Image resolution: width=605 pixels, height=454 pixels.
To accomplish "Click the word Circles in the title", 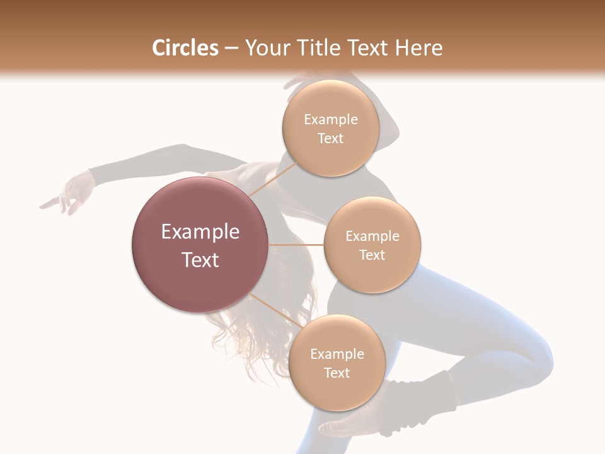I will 185,48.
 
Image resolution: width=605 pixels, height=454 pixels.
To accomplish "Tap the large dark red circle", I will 200,244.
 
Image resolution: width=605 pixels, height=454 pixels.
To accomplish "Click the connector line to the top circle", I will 272,178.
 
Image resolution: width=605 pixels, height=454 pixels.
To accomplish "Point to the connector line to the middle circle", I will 296,245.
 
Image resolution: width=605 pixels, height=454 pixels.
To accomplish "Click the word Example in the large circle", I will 200,232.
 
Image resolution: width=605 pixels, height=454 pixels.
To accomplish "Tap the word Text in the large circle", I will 200,260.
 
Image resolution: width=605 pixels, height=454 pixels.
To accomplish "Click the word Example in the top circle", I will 330,120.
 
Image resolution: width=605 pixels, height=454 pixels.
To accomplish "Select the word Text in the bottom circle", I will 337,373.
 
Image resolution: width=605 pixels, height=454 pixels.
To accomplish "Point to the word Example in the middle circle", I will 372,236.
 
